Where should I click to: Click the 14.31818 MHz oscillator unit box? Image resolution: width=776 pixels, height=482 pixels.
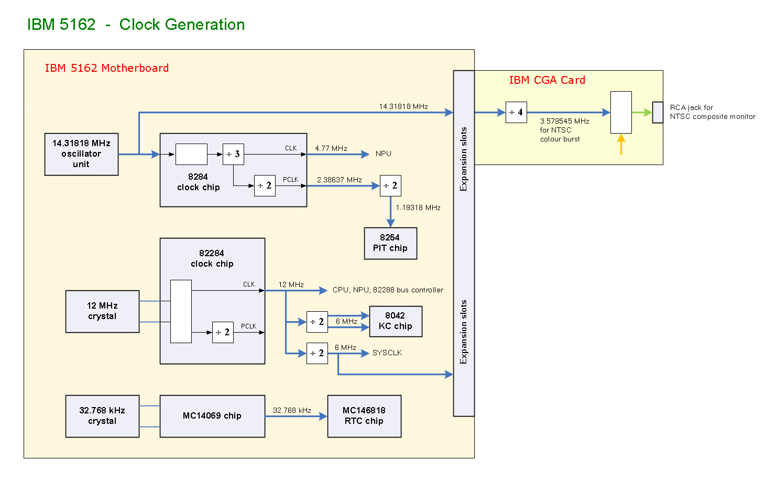coord(81,154)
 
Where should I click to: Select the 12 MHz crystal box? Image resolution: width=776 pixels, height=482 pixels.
coord(102,311)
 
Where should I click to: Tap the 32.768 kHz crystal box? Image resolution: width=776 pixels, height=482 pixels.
coord(102,416)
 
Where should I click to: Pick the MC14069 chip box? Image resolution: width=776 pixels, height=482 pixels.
coord(212,416)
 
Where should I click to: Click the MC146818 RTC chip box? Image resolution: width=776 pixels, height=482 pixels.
coord(364,416)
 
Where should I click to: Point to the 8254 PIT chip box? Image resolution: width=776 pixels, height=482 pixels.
coord(390,243)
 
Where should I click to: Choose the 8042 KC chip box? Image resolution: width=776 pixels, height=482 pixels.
coord(396,321)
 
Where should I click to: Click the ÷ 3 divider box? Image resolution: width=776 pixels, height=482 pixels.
coord(233,154)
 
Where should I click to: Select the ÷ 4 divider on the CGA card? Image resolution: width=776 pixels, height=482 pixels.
coord(516,112)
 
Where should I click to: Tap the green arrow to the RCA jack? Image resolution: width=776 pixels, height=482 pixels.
coord(641,112)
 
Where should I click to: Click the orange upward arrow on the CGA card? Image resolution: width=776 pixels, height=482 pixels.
coord(621,145)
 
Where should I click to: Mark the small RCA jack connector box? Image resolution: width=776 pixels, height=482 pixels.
coord(658,112)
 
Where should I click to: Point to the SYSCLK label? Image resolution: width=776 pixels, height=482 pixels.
coord(387,353)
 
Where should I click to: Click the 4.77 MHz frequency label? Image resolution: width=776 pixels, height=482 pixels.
coord(331,148)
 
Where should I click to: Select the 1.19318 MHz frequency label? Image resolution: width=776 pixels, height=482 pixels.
coord(418,207)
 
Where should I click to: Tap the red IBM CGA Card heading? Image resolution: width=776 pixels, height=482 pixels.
coord(547,80)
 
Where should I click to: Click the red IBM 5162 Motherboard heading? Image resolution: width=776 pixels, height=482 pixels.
coord(107,68)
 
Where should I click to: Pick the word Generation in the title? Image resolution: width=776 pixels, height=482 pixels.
coord(182,25)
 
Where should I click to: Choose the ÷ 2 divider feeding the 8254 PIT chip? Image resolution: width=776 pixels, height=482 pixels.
coord(390,185)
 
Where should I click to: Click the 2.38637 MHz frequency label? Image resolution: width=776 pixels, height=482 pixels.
coord(340,180)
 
